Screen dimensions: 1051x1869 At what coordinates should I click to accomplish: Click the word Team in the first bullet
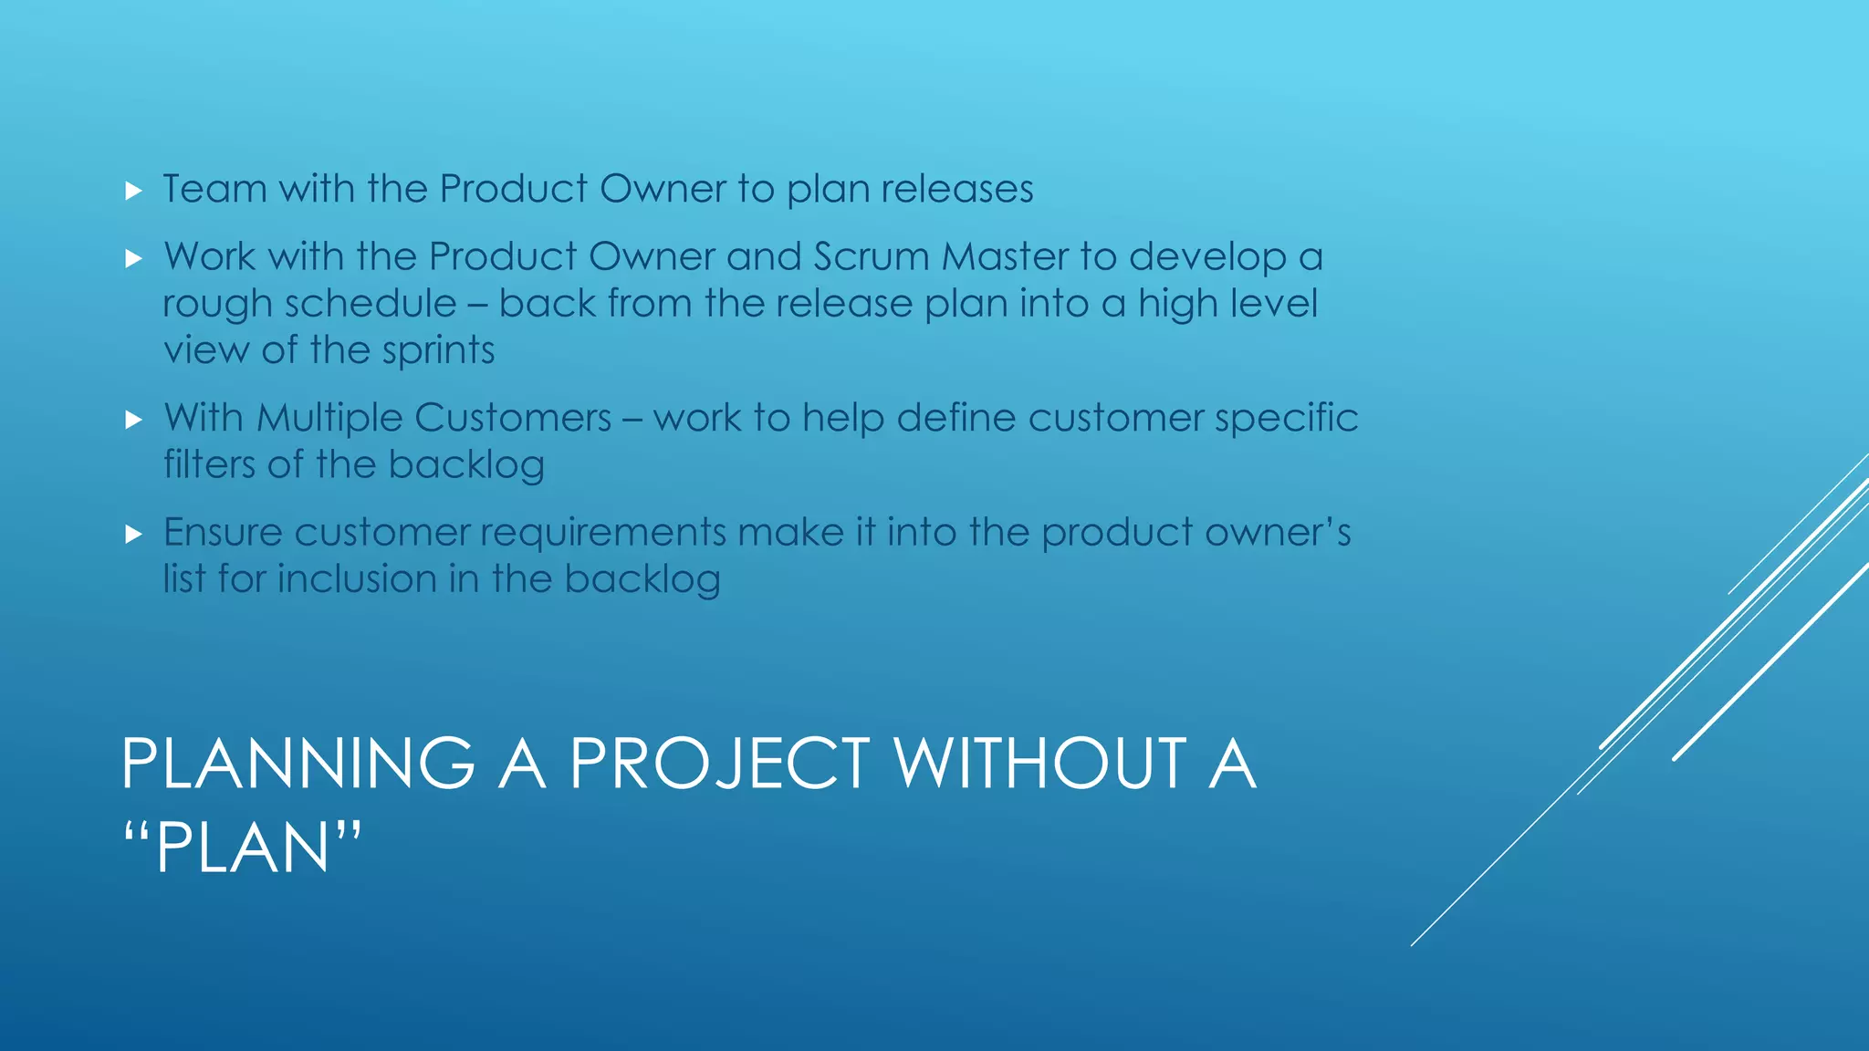[x=214, y=189]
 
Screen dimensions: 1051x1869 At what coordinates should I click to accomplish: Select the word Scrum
[x=872, y=256]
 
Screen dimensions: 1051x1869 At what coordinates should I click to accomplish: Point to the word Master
[x=1005, y=256]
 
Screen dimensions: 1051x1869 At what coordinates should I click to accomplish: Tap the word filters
[x=209, y=464]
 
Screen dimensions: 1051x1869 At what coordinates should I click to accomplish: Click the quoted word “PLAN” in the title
[x=242, y=848]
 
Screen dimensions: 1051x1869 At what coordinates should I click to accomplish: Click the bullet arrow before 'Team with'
[x=134, y=191]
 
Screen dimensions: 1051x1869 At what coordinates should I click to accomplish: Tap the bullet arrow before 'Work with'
[x=134, y=259]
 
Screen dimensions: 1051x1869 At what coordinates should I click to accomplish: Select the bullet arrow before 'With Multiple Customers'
[x=134, y=420]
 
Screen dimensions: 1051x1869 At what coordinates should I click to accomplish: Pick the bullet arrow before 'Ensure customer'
[x=134, y=534]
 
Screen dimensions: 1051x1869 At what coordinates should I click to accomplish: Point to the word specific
[x=1286, y=419]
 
